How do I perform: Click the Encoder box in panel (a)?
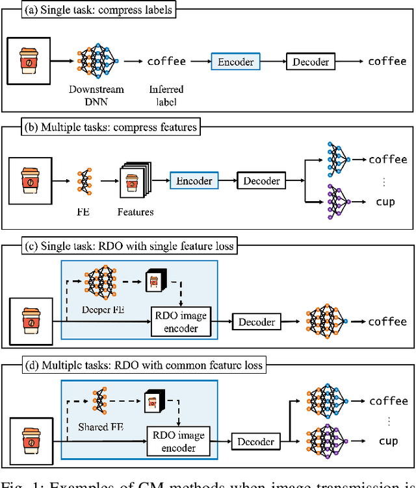tap(236, 62)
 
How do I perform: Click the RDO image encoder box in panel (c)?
tap(182, 321)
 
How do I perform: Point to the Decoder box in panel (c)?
tap(256, 321)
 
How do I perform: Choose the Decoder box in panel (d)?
tap(255, 442)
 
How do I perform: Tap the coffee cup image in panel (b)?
tap(31, 180)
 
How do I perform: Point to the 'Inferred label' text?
tap(166, 94)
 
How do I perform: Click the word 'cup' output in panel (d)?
tap(387, 441)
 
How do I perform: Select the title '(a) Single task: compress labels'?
tap(98, 10)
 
